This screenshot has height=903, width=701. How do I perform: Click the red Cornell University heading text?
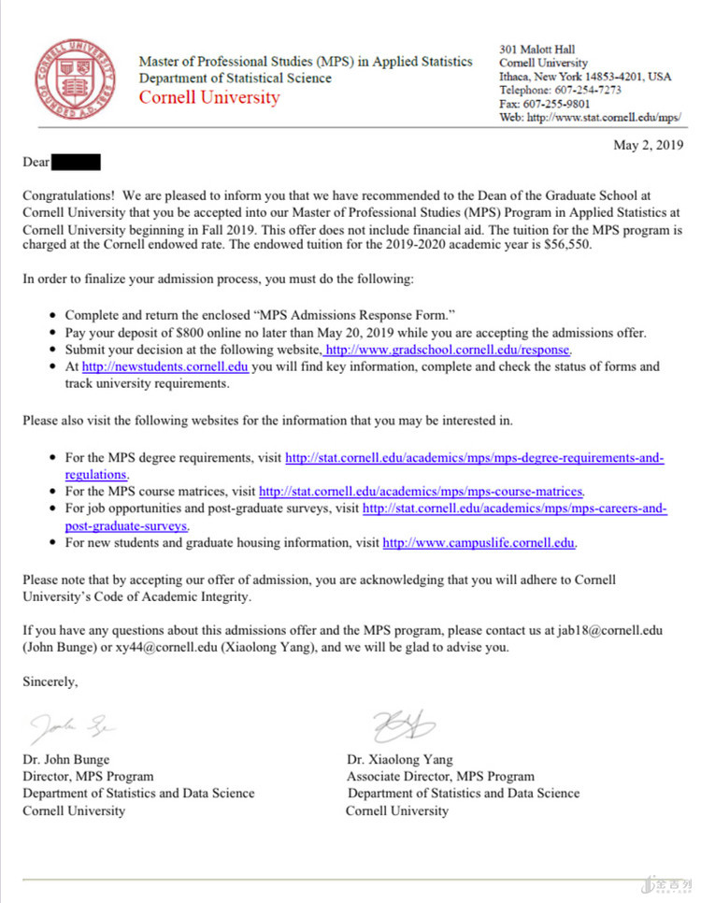tap(208, 98)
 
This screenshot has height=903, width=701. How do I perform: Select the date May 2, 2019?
tap(648, 145)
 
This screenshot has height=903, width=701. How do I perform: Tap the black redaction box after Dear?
tap(76, 163)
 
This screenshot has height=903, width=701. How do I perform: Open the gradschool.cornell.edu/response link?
tap(447, 350)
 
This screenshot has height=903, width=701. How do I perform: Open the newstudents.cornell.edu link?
tap(165, 366)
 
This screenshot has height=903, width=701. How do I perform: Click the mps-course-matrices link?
tap(421, 491)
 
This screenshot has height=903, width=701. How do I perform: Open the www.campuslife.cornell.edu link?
tap(479, 542)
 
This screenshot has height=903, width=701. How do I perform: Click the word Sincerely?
tap(50, 681)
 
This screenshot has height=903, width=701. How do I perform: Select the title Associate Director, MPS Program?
tap(440, 776)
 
